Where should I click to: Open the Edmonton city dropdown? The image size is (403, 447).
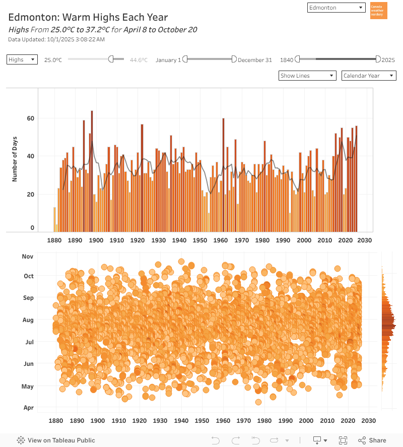tap(336, 8)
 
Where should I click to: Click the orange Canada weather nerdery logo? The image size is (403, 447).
tap(378, 11)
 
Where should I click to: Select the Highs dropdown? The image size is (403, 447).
tap(22, 59)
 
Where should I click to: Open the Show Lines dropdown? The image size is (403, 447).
tap(307, 76)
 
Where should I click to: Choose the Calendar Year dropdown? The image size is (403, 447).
tap(369, 76)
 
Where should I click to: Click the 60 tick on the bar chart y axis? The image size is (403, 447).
tap(31, 118)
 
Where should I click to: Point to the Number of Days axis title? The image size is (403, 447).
tap(15, 159)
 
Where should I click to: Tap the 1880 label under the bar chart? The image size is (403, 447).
tap(54, 240)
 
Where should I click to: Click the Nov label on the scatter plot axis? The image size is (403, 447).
tap(28, 257)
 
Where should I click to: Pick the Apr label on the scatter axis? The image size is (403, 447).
tap(28, 408)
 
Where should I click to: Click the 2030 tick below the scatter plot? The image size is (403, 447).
tap(369, 421)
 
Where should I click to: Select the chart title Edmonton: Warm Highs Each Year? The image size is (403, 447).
tap(88, 18)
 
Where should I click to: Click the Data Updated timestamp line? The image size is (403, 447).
tap(56, 39)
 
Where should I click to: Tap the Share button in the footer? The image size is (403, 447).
tap(372, 440)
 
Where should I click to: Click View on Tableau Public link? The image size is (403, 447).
tap(56, 440)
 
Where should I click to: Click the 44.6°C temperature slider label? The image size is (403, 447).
tap(139, 60)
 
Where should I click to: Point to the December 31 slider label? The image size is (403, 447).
tap(254, 60)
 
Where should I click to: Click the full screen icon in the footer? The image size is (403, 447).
tap(343, 440)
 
